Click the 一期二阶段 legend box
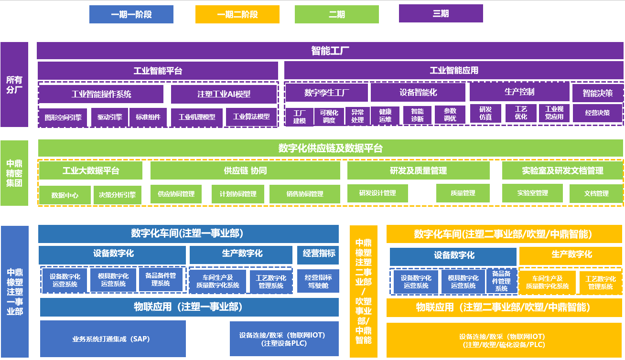pyautogui.click(x=237, y=14)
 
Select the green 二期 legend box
pyautogui.click(x=337, y=14)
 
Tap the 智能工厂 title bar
pyautogui.click(x=330, y=51)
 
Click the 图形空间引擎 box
pyautogui.click(x=63, y=117)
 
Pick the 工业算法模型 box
pyautogui.click(x=251, y=116)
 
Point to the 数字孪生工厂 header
pyautogui.click(x=326, y=92)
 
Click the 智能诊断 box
pyautogui.click(x=417, y=115)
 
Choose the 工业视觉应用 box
pyautogui.click(x=554, y=113)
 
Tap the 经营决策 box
pyautogui.click(x=597, y=113)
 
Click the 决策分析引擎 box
pyautogui.click(x=117, y=195)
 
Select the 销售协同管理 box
pyautogui.click(x=305, y=194)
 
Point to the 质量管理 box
pyautogui.click(x=463, y=193)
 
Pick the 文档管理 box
pyautogui.click(x=596, y=193)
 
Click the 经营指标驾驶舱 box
pyautogui.click(x=319, y=281)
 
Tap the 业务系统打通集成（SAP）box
pyautogui.click(x=113, y=339)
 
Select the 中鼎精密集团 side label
pyautogui.click(x=14, y=173)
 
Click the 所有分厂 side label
pyautogui.click(x=14, y=85)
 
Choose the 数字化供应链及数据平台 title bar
pyautogui.click(x=330, y=148)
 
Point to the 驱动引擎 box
pyautogui.click(x=109, y=116)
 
